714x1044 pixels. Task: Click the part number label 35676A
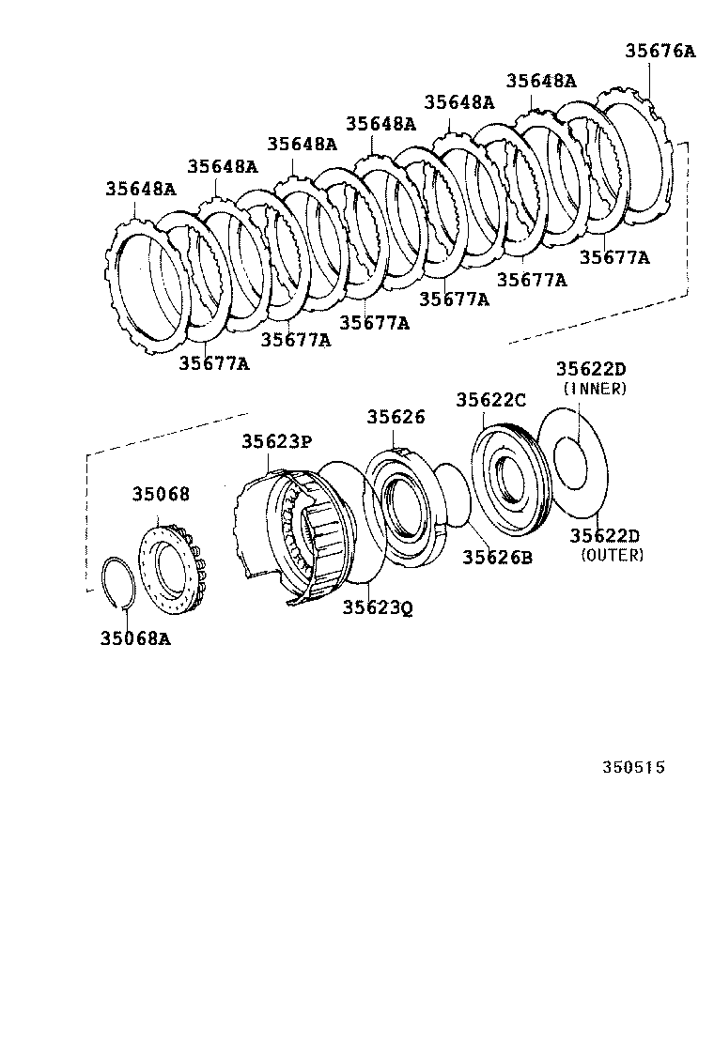[660, 52]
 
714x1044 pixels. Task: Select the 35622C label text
[491, 399]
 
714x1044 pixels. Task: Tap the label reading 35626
[396, 417]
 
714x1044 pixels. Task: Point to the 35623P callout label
[275, 440]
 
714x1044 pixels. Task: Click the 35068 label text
[160, 494]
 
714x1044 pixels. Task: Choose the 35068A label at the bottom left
[135, 638]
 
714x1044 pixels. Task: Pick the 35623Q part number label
[377, 607]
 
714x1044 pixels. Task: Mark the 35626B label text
[497, 557]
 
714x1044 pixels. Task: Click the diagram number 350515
[633, 767]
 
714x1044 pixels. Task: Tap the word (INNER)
[595, 389]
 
